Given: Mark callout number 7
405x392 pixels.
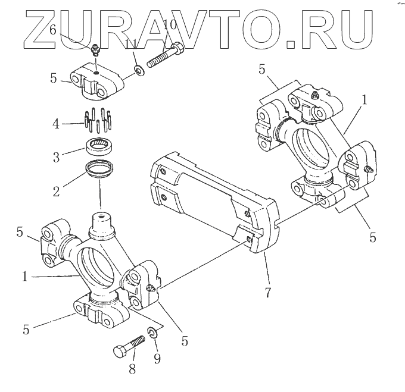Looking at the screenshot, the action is coord(269,293).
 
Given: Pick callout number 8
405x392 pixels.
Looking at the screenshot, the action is coord(132,368).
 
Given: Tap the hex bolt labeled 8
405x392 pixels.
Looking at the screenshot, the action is coord(128,347).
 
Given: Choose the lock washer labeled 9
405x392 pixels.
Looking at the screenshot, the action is coord(152,334).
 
